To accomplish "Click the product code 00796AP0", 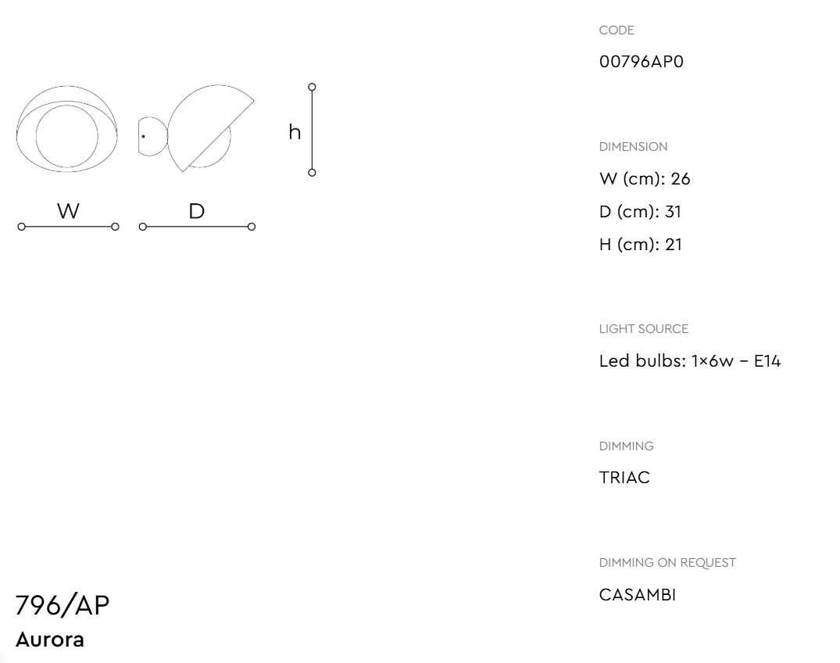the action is pyautogui.click(x=642, y=62).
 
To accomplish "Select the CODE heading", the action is pyautogui.click(x=617, y=30).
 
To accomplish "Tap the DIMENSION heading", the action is pyautogui.click(x=633, y=147).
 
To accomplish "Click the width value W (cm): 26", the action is pyautogui.click(x=645, y=179).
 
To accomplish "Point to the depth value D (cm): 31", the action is pyautogui.click(x=640, y=212).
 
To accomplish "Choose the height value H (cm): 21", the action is pyautogui.click(x=641, y=245).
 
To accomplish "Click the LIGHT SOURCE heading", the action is pyautogui.click(x=643, y=329).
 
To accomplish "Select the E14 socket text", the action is pyautogui.click(x=767, y=361).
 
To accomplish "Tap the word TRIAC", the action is pyautogui.click(x=624, y=478).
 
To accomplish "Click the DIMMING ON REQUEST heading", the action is pyautogui.click(x=667, y=563).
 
